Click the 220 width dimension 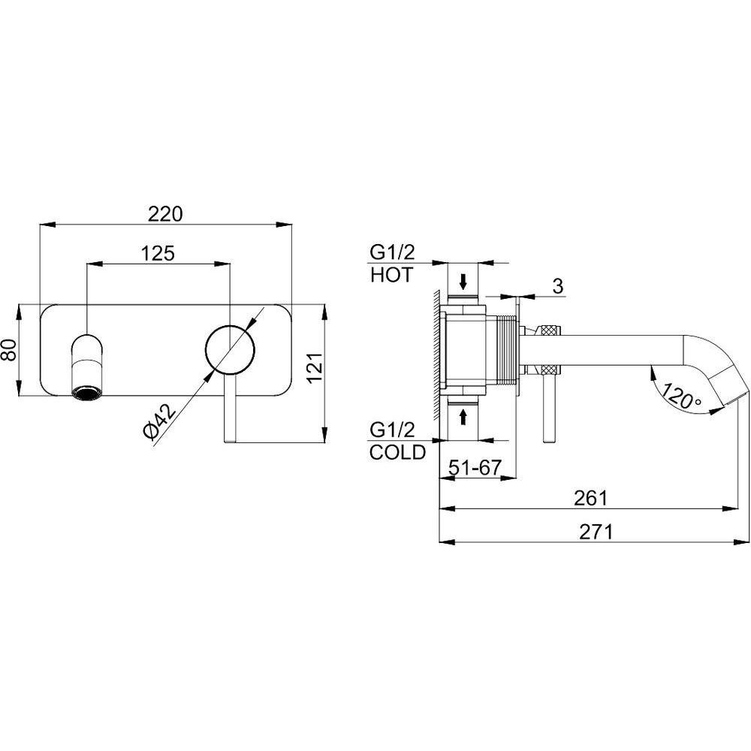[x=164, y=213]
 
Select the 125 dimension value [x=158, y=253]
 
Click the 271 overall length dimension [x=596, y=532]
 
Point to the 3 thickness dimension [x=557, y=286]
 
